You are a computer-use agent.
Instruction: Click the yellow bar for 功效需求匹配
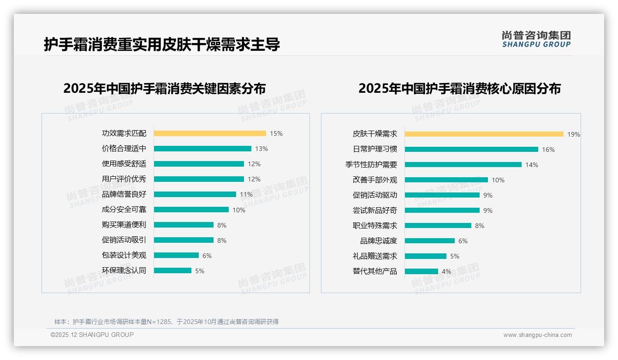210,133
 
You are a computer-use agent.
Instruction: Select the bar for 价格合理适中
202,149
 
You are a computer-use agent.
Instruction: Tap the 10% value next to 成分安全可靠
239,210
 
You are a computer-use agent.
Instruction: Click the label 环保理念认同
124,270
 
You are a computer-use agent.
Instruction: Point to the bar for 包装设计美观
176,255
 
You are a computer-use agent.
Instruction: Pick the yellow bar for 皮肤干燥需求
484,134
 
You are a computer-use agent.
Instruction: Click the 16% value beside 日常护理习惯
548,150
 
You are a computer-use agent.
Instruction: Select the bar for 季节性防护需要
463,165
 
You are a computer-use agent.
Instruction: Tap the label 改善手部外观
374,180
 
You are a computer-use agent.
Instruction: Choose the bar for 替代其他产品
422,271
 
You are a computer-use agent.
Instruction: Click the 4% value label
446,271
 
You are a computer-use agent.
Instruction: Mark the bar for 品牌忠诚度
430,241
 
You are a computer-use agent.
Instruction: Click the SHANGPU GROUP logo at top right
536,39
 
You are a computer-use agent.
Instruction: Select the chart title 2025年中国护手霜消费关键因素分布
165,88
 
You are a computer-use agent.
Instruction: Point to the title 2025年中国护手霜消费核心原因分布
459,88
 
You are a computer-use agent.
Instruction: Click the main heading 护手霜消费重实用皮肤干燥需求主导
162,44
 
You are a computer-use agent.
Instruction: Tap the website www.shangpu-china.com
537,335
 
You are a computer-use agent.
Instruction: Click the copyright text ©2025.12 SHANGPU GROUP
92,335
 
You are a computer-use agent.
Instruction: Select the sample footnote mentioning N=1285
166,322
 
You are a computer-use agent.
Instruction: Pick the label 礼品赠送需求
374,256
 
